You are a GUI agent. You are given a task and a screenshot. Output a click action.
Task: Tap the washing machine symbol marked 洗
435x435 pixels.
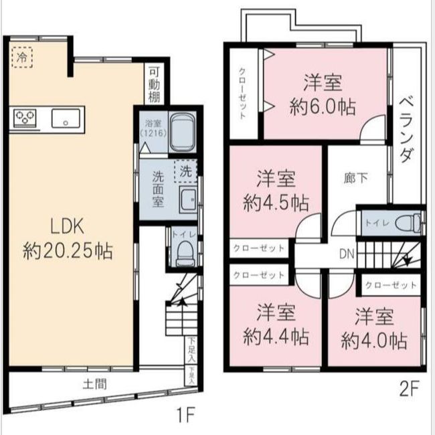[185, 171]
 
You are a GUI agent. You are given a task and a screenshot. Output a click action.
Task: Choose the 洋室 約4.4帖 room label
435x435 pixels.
[276, 324]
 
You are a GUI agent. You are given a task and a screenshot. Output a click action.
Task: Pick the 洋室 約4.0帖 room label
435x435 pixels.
[374, 328]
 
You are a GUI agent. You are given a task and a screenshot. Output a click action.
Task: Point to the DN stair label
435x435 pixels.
[347, 254]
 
